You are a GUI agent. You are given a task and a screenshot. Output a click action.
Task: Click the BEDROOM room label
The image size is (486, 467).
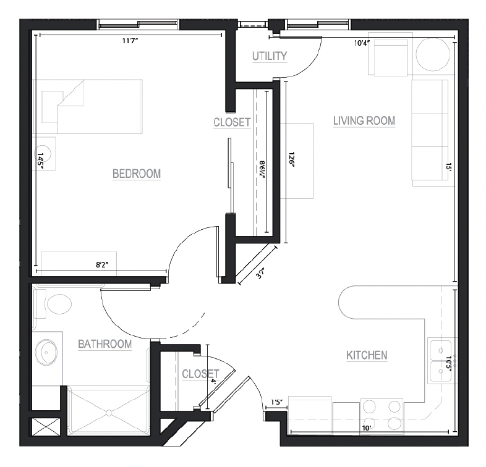tap(137, 174)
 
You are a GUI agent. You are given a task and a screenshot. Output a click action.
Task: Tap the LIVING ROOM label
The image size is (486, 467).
tap(364, 121)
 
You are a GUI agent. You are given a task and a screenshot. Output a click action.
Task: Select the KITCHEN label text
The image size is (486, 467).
tap(367, 355)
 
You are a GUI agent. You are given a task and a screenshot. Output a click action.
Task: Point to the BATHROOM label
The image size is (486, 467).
tap(104, 344)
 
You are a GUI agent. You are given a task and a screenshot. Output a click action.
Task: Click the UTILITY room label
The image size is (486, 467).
tap(270, 56)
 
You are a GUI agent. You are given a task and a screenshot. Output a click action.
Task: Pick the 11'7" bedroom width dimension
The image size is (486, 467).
tap(130, 41)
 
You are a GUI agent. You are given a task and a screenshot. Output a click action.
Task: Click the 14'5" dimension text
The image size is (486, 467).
tap(40, 161)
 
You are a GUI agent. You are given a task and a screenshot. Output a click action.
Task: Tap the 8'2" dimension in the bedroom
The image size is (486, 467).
tap(102, 264)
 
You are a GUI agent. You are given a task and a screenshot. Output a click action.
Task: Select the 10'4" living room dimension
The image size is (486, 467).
tap(362, 43)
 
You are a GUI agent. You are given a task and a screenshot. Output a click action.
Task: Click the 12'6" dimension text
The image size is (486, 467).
tap(291, 159)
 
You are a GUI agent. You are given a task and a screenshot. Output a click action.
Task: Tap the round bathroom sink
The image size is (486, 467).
tap(46, 352)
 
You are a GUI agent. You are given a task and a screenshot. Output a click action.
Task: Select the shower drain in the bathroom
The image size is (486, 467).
tap(109, 413)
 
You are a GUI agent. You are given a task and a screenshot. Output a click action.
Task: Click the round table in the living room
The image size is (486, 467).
tap(433, 55)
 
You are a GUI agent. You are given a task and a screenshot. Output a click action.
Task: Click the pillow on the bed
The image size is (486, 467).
tap(53, 107)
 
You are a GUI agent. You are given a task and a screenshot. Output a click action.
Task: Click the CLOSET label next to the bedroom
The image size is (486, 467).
tap(232, 122)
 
